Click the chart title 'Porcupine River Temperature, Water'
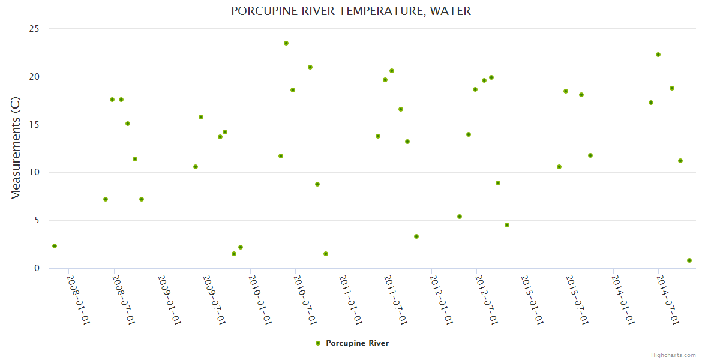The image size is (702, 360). pos(351,11)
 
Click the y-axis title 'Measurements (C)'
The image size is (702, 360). pos(16,148)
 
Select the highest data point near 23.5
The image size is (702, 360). pos(286,43)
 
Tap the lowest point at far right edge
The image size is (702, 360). pos(689,260)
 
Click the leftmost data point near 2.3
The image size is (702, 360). pos(55,246)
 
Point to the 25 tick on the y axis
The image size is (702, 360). pos(34,29)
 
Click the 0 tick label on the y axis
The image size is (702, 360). pos(37,268)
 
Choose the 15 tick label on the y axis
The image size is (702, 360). pos(34,125)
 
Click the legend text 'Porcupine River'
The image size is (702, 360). pos(357,343)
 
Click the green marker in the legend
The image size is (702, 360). pos(318,343)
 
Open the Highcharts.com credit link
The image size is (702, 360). pos(673,355)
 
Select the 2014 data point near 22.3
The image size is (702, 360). pos(658,55)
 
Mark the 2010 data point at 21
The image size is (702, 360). pos(310,67)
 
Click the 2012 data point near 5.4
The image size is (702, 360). pos(460,217)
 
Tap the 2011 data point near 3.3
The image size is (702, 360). pos(416,236)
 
